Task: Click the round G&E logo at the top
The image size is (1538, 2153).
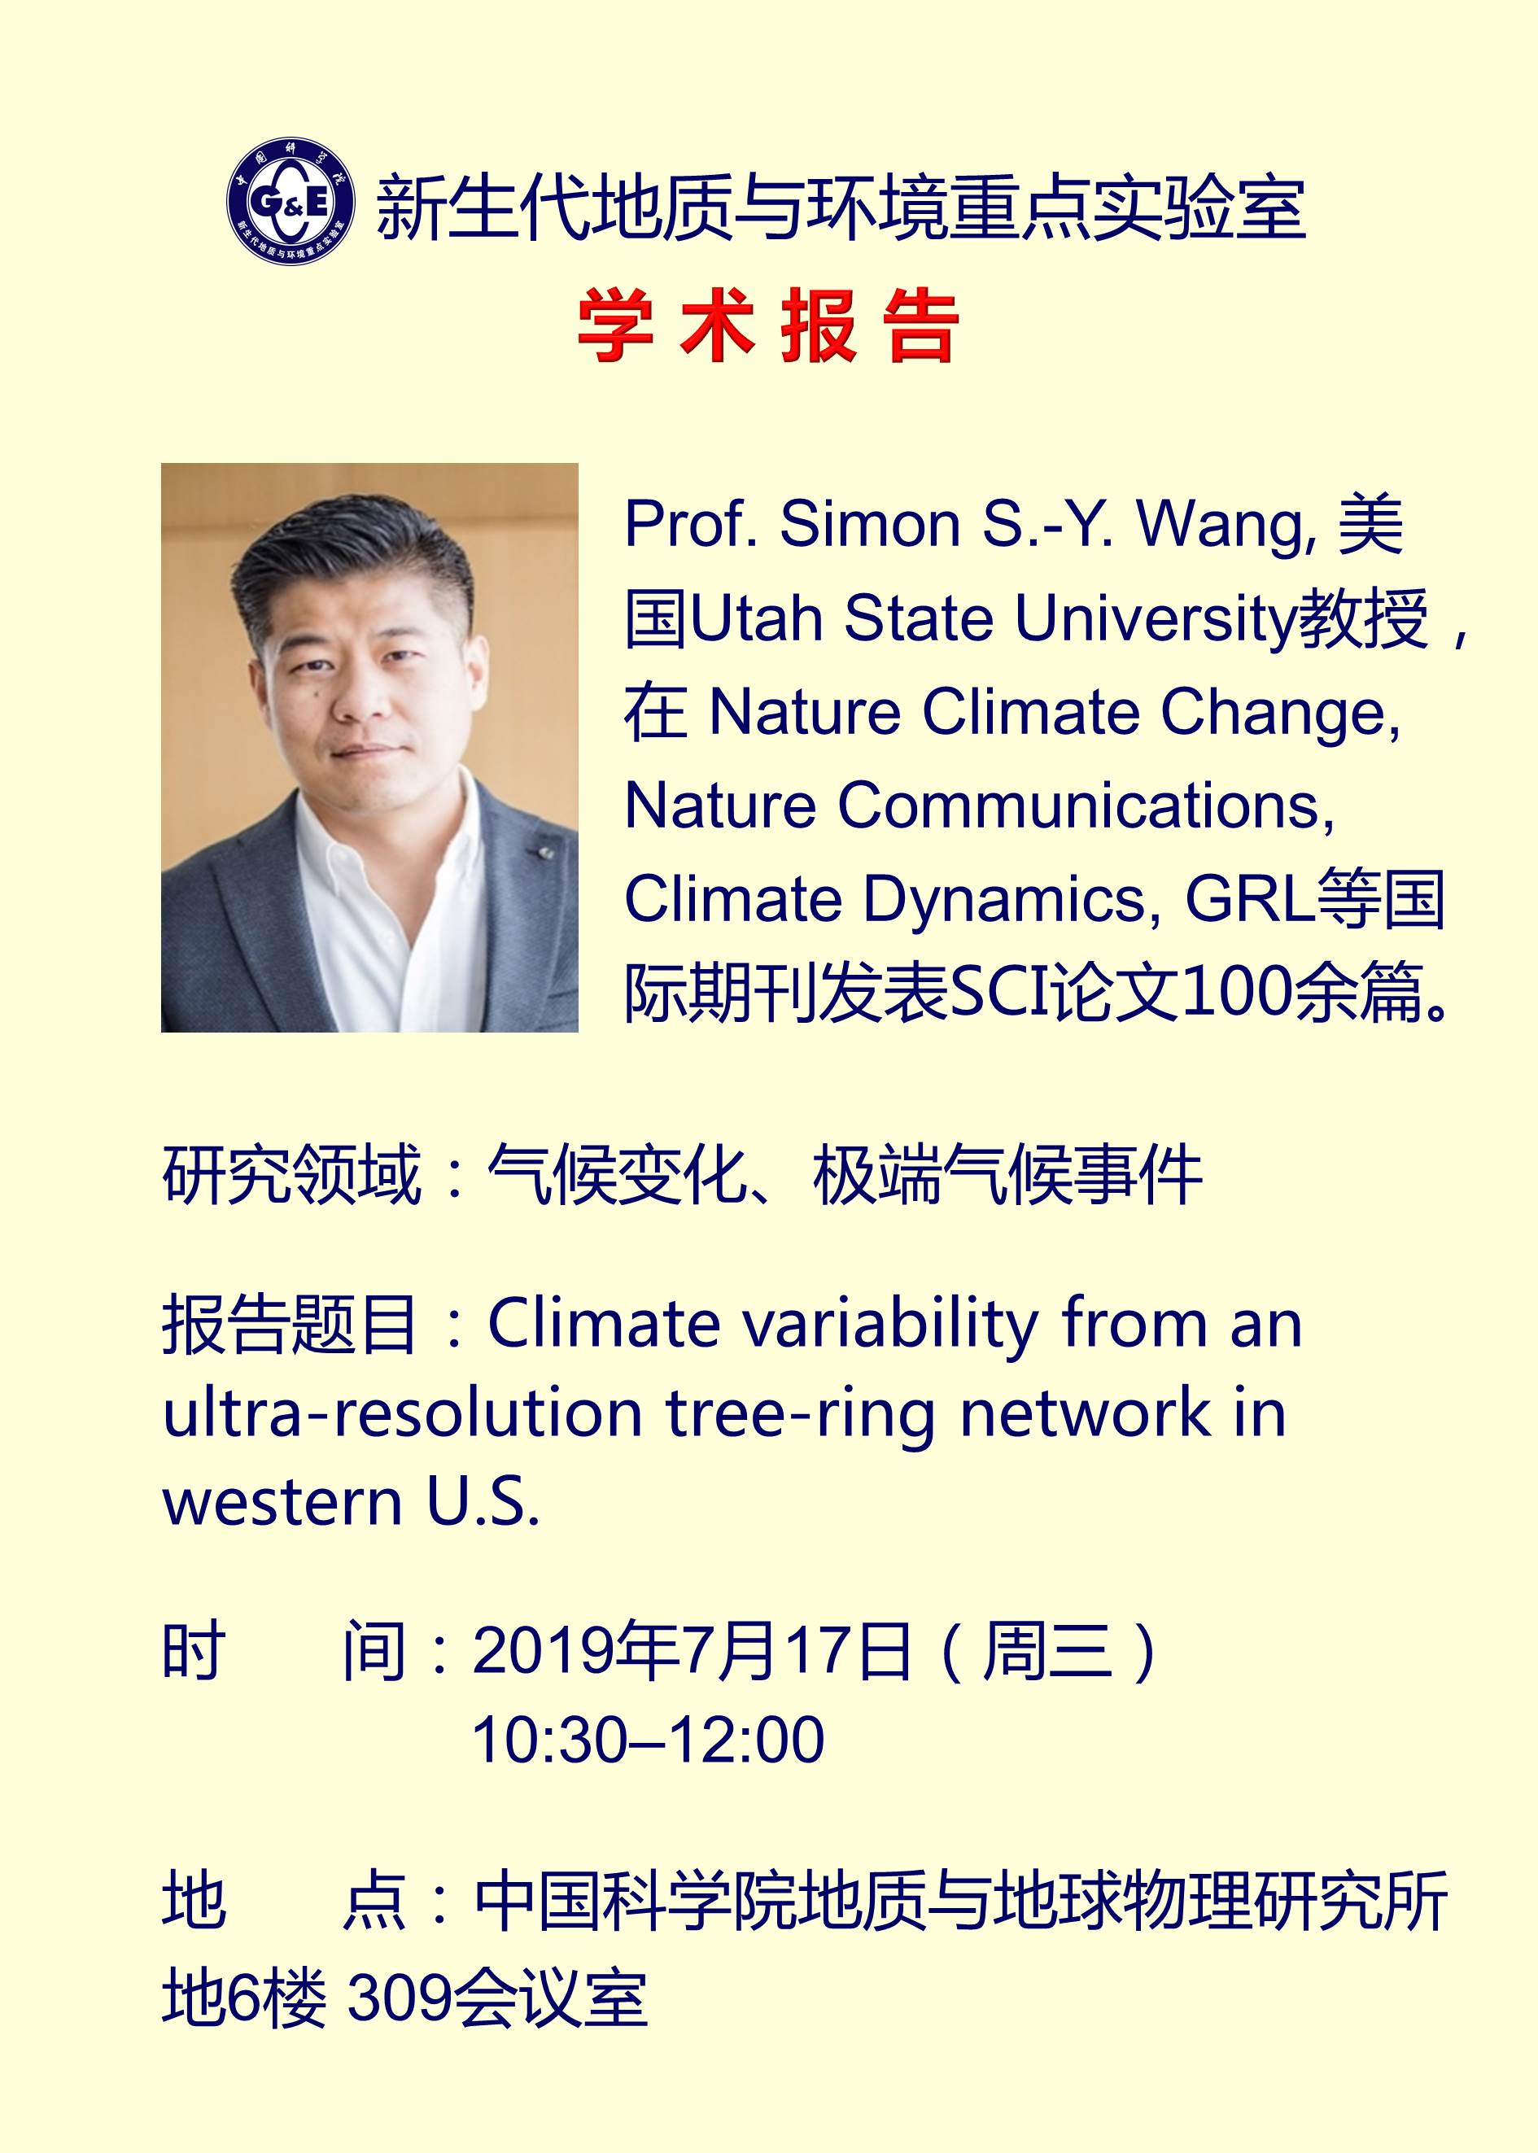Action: [291, 202]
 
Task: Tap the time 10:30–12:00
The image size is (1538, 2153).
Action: [648, 1740]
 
